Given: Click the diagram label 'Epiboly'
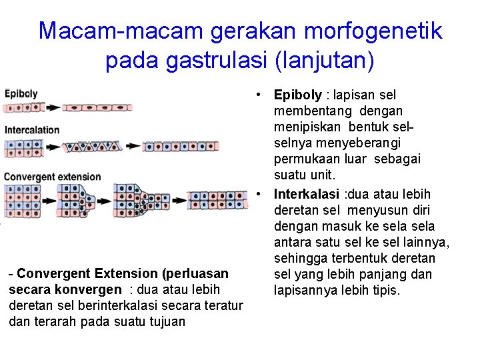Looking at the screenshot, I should click(21, 94).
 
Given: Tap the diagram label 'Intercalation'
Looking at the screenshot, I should click(32, 130).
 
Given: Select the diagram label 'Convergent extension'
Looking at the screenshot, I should click(52, 177).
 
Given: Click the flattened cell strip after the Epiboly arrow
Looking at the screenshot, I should click(98, 107).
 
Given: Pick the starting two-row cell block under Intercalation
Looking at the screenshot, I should click(23, 147).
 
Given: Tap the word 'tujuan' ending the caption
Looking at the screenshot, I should click(168, 321).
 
